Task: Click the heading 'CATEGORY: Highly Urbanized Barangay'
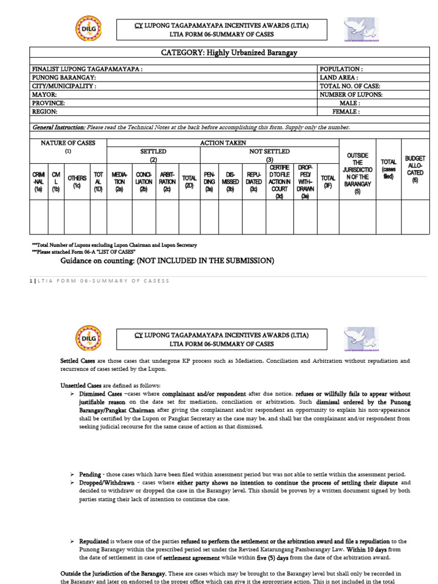pos(230,53)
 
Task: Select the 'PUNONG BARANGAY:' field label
pos(64,78)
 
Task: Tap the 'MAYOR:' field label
pos(44,95)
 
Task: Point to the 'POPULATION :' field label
pos(341,69)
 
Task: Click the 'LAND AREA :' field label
pos(339,78)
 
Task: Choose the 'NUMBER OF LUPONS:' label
pos(351,95)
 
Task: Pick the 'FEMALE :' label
pos(350,112)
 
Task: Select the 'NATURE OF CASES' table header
pos(68,143)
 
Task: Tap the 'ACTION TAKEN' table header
pos(223,143)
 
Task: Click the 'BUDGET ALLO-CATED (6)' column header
pos(415,169)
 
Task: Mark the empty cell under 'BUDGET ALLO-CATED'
pos(415,217)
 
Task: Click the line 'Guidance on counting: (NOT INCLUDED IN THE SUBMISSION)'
pos(168,261)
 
